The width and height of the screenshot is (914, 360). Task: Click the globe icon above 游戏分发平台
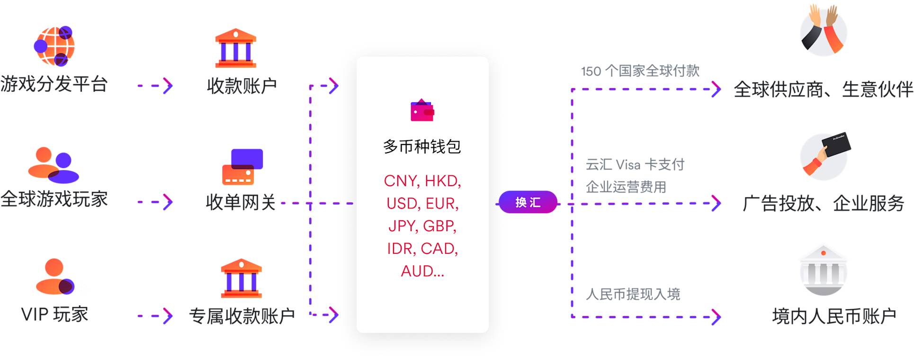coord(54,46)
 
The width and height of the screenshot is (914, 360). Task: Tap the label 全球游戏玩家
coord(54,199)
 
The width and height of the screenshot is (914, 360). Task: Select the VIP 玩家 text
coord(55,315)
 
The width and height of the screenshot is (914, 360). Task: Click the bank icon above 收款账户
coord(235,48)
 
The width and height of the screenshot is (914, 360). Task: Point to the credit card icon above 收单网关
coord(242,167)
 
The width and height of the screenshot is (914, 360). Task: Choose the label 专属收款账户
coord(242,316)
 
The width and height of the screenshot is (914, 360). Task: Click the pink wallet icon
coord(422,110)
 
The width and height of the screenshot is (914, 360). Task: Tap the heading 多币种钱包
coord(422,147)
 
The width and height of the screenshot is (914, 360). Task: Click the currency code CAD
coord(439,249)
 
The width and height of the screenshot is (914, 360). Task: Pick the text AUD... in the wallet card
coord(422,271)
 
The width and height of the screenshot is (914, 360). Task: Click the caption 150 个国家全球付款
coord(640,71)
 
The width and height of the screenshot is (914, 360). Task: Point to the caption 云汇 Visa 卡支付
coord(635,164)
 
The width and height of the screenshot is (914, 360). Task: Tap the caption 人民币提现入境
coord(633,294)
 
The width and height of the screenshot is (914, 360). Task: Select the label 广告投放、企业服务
coord(823,204)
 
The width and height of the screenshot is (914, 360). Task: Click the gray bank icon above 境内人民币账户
coord(823,271)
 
